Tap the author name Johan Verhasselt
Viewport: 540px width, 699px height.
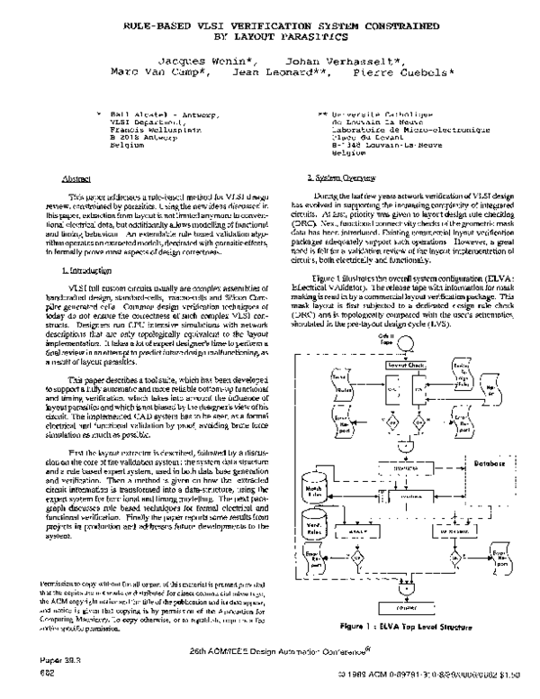342,56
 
